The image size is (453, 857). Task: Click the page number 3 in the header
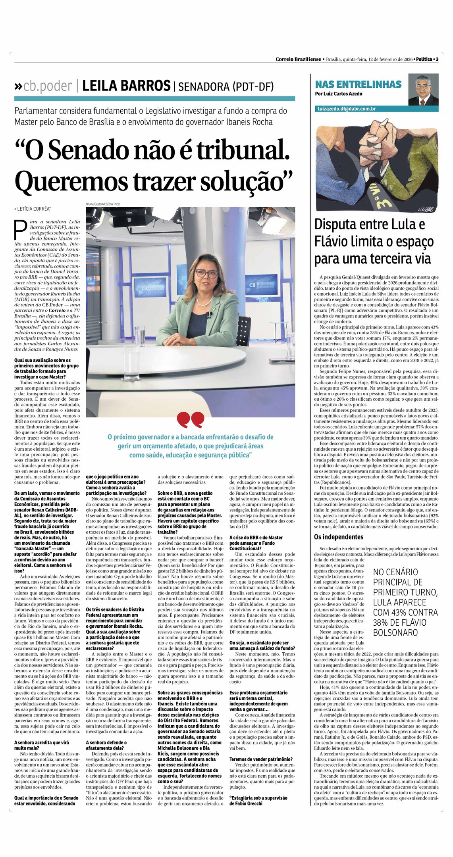437,59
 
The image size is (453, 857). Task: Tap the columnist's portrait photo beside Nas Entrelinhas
423,90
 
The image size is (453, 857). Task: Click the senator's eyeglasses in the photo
206,273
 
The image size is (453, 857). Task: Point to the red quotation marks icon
191,419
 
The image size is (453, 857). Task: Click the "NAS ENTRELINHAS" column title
358,85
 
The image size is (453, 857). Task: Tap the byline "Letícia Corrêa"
33,209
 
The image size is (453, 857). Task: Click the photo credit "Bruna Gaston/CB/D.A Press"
103,204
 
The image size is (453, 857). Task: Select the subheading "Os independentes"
339,537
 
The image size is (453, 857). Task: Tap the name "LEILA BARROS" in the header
126,86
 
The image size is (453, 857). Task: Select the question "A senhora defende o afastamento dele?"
106,745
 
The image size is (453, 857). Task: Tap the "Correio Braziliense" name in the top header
298,59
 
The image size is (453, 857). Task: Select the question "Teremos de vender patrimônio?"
261,759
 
